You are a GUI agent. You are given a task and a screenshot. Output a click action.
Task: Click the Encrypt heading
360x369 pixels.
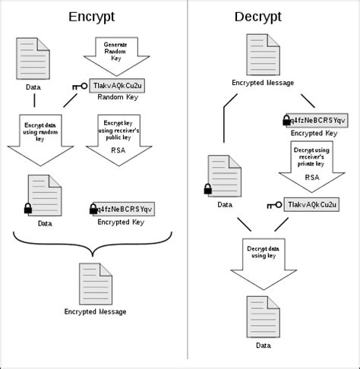[x=92, y=17]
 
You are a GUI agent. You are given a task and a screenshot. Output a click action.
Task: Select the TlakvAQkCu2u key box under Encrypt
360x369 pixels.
[x=118, y=86]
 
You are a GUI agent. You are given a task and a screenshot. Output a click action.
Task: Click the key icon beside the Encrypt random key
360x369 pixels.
[x=81, y=87]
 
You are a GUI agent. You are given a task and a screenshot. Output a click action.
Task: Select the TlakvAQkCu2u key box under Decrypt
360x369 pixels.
[x=315, y=204]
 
